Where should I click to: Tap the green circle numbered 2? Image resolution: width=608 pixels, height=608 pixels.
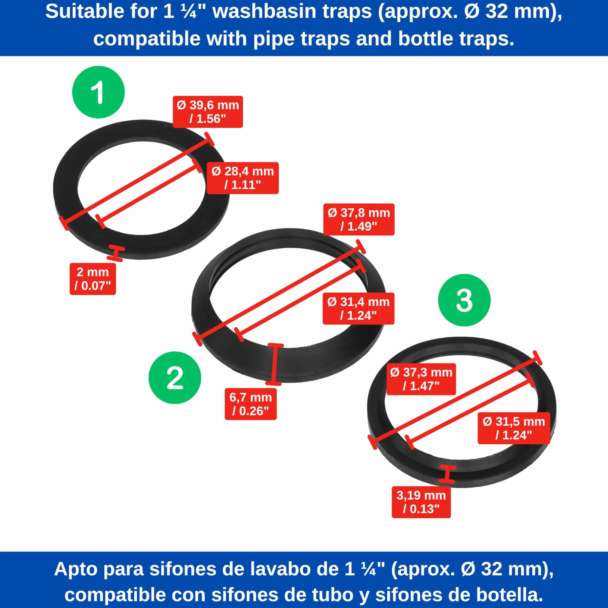coord(175,378)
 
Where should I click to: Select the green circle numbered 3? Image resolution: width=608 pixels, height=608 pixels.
coord(464,300)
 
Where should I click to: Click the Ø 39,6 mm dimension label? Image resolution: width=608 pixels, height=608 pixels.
coord(208,112)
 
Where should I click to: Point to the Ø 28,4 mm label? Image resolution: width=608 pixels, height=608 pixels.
coord(243,178)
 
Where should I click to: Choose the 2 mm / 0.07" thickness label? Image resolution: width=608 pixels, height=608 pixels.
coord(93,279)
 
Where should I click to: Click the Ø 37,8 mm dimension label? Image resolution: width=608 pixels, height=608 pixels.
coord(359,219)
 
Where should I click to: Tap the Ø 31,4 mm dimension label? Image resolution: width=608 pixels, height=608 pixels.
coord(359,308)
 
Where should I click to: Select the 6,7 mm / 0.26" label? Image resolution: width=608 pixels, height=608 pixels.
coord(250,404)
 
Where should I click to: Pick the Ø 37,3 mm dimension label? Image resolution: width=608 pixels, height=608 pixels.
coord(421,379)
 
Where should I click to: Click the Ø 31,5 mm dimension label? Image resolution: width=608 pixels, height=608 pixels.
coord(514,428)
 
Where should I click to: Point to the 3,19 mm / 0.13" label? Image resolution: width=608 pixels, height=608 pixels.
coord(421,502)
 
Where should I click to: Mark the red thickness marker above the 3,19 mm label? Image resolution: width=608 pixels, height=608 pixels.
coord(447,474)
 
